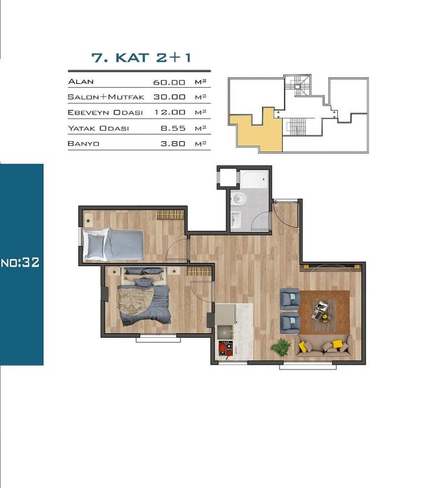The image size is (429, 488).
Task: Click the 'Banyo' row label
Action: click(x=83, y=144)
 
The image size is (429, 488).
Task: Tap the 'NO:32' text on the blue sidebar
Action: click(x=21, y=263)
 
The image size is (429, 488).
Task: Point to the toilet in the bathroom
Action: click(x=239, y=198)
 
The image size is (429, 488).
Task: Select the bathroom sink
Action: click(x=235, y=219)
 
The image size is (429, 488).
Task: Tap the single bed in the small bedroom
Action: click(x=115, y=245)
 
